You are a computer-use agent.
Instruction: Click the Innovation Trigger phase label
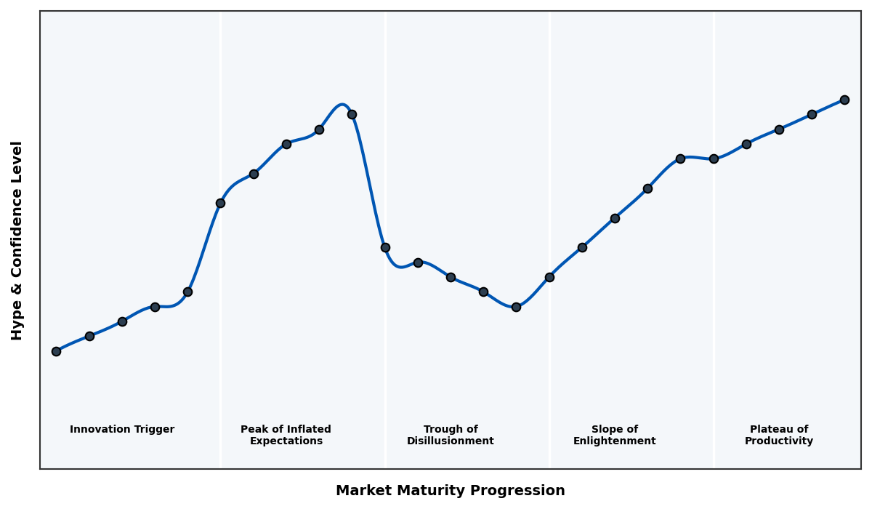tap(122, 430)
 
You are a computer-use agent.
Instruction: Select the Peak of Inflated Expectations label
tap(286, 436)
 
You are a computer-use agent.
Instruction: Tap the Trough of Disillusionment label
tap(451, 436)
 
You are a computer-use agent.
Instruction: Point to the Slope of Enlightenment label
tap(614, 436)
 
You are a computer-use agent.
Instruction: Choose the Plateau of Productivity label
tap(779, 436)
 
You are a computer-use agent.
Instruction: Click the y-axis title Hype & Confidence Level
tap(17, 240)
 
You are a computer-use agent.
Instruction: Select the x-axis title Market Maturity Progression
tap(451, 491)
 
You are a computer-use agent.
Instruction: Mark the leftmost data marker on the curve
tap(56, 351)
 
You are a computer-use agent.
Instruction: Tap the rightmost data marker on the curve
tap(844, 100)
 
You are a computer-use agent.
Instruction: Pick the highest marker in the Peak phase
tap(352, 114)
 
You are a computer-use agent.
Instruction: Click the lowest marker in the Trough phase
tap(516, 307)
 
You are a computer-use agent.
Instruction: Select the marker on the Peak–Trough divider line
tap(385, 247)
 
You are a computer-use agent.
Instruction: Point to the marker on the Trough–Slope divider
tap(549, 277)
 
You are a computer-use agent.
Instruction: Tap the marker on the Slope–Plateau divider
tap(714, 159)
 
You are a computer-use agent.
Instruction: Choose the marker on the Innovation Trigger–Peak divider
tap(220, 203)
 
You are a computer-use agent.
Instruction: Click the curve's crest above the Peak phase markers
tap(342, 105)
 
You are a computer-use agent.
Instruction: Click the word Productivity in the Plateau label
tap(779, 441)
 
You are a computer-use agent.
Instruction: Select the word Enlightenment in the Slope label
tap(614, 441)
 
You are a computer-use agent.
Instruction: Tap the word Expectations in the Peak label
tap(286, 441)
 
